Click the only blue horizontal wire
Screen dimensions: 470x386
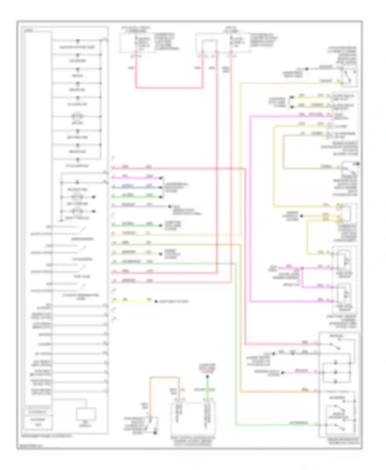[x=136, y=187]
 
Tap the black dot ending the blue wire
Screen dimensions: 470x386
[x=161, y=187]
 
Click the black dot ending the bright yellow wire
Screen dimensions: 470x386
[x=156, y=301]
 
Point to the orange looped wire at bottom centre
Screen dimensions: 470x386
[x=165, y=377]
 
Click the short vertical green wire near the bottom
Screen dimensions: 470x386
[x=207, y=388]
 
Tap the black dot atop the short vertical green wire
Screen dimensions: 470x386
[x=207, y=377]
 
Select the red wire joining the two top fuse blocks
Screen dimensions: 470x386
[x=169, y=88]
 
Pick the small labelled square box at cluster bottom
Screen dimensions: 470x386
[x=86, y=414]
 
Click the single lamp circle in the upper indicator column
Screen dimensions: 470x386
[x=77, y=116]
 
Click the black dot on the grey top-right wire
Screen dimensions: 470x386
[x=307, y=69]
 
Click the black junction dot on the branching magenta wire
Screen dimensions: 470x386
[x=302, y=268]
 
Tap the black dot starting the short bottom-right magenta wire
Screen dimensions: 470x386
[x=283, y=373]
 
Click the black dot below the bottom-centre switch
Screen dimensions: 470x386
[x=155, y=433]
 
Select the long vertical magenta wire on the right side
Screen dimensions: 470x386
[x=250, y=208]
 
